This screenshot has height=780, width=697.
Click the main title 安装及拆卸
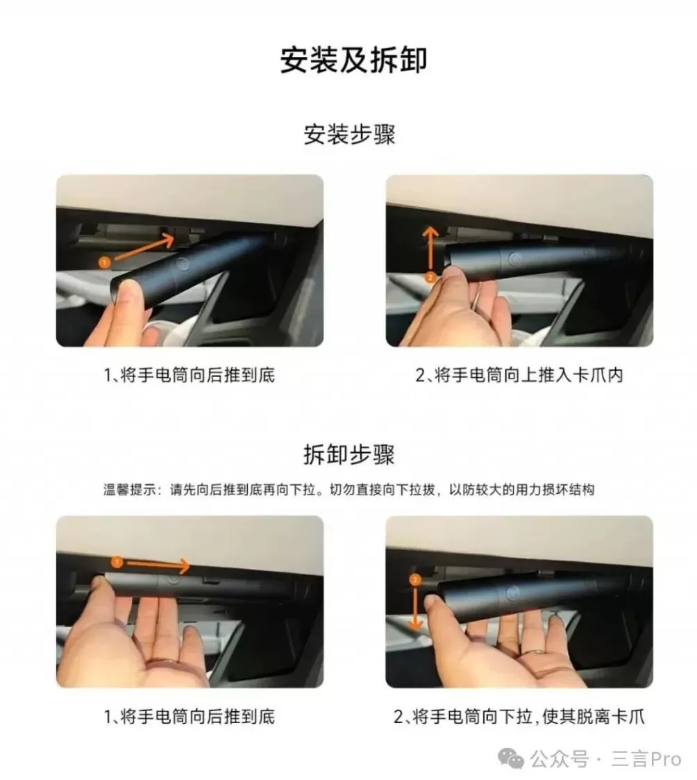(353, 60)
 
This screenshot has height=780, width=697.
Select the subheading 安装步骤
(349, 134)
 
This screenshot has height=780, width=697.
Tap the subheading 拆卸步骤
(349, 455)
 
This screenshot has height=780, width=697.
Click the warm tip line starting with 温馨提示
(349, 490)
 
